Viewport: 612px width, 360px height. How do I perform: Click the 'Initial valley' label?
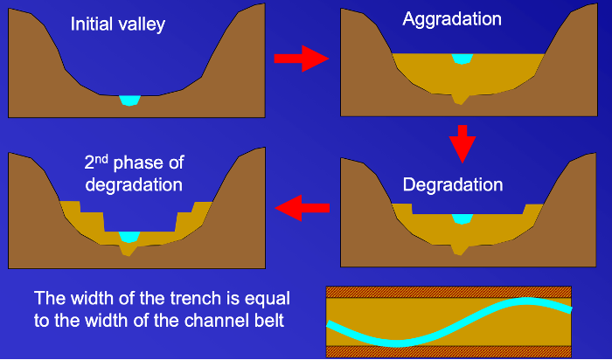[x=118, y=24]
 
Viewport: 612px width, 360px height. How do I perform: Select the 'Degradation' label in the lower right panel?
[x=453, y=185]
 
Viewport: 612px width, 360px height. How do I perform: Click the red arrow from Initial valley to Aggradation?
[x=300, y=59]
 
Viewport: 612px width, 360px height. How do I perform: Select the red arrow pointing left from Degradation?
[x=303, y=208]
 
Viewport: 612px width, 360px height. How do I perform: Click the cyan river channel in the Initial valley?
[x=129, y=100]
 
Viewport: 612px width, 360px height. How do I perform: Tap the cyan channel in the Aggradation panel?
[x=462, y=59]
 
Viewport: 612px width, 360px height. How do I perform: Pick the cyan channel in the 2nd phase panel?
[x=129, y=237]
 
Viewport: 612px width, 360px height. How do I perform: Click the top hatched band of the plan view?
[x=449, y=292]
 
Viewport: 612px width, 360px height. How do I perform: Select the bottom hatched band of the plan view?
[x=449, y=352]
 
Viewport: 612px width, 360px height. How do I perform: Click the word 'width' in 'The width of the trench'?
[x=87, y=297]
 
